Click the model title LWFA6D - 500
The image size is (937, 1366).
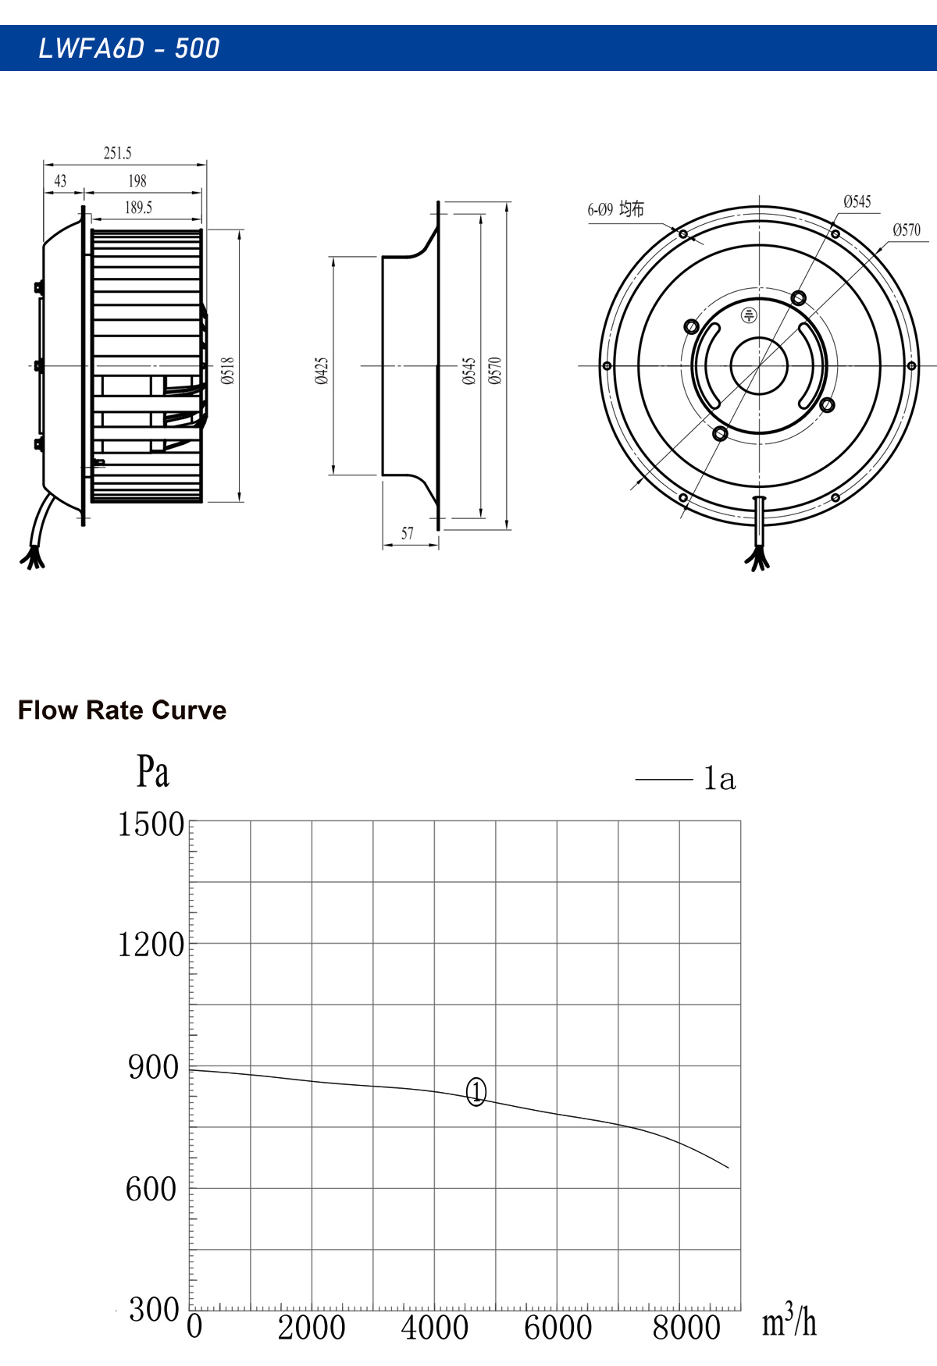(x=130, y=48)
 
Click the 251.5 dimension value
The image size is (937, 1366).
(x=118, y=153)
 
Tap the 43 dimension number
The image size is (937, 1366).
(x=60, y=181)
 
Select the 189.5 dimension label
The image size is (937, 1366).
(x=138, y=208)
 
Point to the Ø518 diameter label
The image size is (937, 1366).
(x=227, y=371)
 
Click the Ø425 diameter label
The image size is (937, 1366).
(x=322, y=371)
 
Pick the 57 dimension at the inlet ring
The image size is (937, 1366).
(x=408, y=534)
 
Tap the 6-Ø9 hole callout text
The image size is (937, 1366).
(x=616, y=209)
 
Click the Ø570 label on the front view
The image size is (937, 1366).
(x=907, y=230)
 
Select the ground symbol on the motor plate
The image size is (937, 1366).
(x=749, y=315)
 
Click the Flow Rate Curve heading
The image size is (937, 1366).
(x=123, y=710)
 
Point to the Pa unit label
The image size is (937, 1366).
(x=153, y=771)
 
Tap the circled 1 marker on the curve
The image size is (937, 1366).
(x=476, y=1091)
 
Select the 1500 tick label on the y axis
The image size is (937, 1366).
(x=151, y=824)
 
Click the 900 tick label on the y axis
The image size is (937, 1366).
(x=154, y=1067)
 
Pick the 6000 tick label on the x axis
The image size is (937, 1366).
(x=558, y=1328)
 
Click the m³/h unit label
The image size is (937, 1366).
(x=789, y=1321)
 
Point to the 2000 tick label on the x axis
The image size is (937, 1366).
(x=312, y=1328)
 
